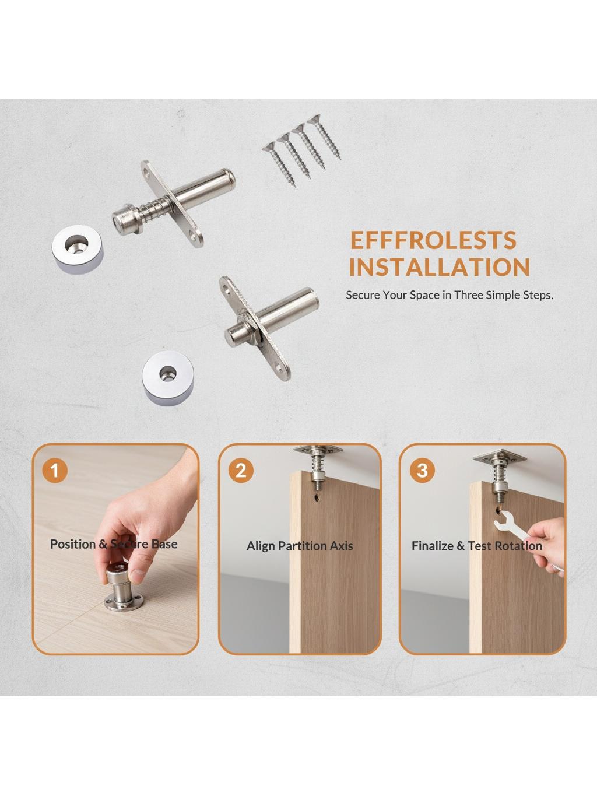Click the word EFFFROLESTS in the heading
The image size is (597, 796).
point(434,240)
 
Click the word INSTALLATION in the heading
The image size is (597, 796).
point(440,267)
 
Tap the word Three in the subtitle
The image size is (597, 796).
point(469,295)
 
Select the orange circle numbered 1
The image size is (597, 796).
point(55,471)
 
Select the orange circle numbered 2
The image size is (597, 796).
point(241,471)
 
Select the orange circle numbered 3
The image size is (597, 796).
point(422,471)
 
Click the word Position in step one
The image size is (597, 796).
point(73,544)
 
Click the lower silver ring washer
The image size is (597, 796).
point(168,377)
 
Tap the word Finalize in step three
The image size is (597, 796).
point(433,546)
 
